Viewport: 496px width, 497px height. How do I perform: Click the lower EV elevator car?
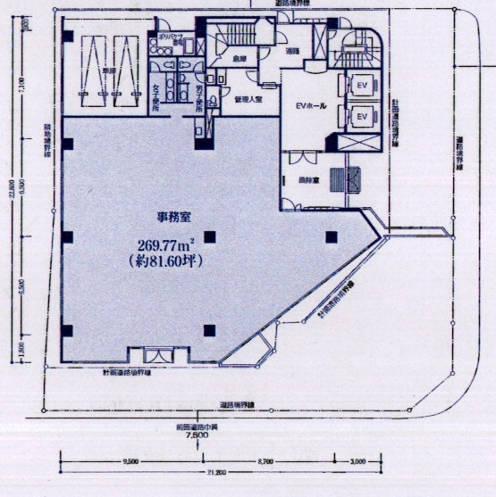coord(362,117)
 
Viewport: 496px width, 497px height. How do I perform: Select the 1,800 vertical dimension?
coord(23,348)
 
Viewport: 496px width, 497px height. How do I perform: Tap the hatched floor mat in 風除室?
coord(344,179)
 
